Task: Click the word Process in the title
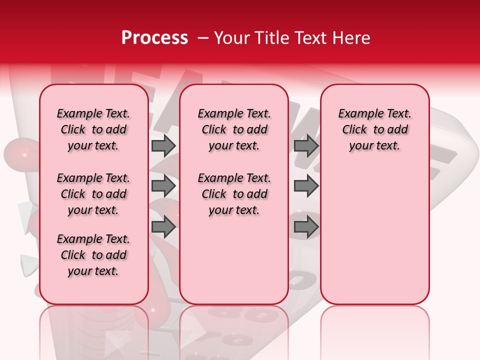click(154, 38)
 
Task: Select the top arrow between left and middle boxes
click(163, 145)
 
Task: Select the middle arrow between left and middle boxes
click(163, 186)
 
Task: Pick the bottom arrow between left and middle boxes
click(163, 227)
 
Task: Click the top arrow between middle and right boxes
click(306, 145)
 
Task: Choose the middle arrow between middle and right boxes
click(306, 186)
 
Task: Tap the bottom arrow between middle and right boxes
click(306, 227)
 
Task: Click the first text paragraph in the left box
click(93, 129)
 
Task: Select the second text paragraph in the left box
click(93, 194)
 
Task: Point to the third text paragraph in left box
click(93, 255)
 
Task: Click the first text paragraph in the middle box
click(234, 129)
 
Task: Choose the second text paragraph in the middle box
click(234, 194)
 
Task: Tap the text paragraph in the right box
click(375, 129)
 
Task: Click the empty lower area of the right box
click(375, 235)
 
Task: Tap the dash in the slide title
click(202, 38)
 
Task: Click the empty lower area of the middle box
click(234, 260)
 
